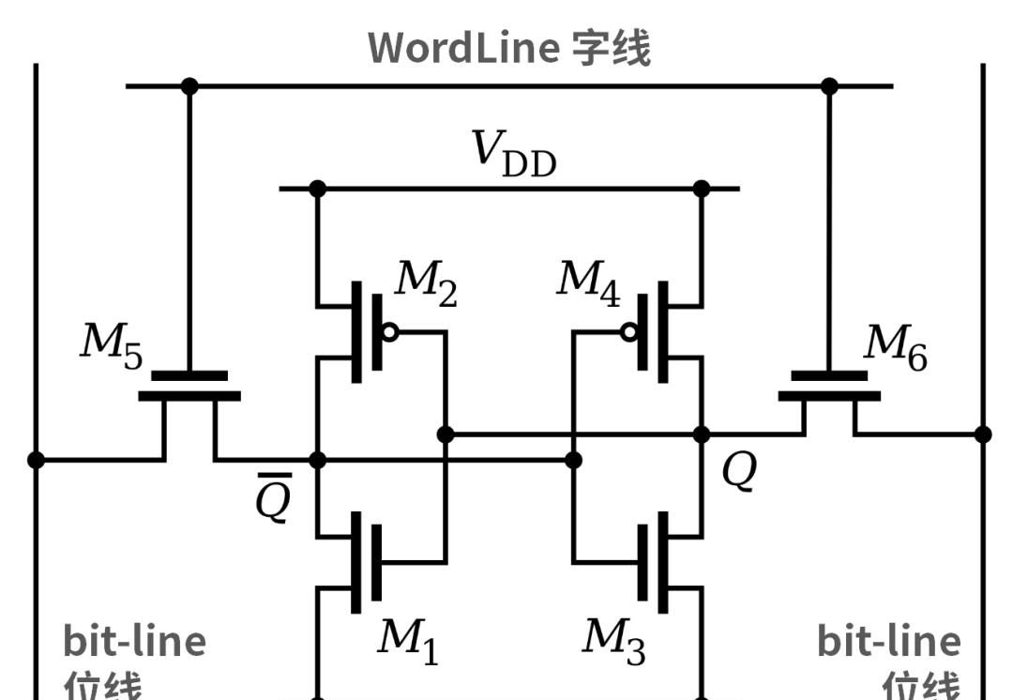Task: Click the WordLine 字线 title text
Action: point(508,48)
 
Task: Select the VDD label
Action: point(514,154)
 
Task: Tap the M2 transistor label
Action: point(425,285)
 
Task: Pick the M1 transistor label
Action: point(407,641)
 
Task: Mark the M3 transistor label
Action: point(613,641)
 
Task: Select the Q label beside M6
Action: point(738,472)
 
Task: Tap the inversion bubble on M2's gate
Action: point(390,331)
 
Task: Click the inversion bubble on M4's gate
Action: point(629,331)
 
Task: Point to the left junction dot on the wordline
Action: point(189,86)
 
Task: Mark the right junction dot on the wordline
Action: point(829,86)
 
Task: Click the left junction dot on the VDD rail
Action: point(317,189)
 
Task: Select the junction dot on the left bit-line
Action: point(36,460)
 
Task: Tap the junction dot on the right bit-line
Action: point(982,434)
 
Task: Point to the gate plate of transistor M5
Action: point(189,375)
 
